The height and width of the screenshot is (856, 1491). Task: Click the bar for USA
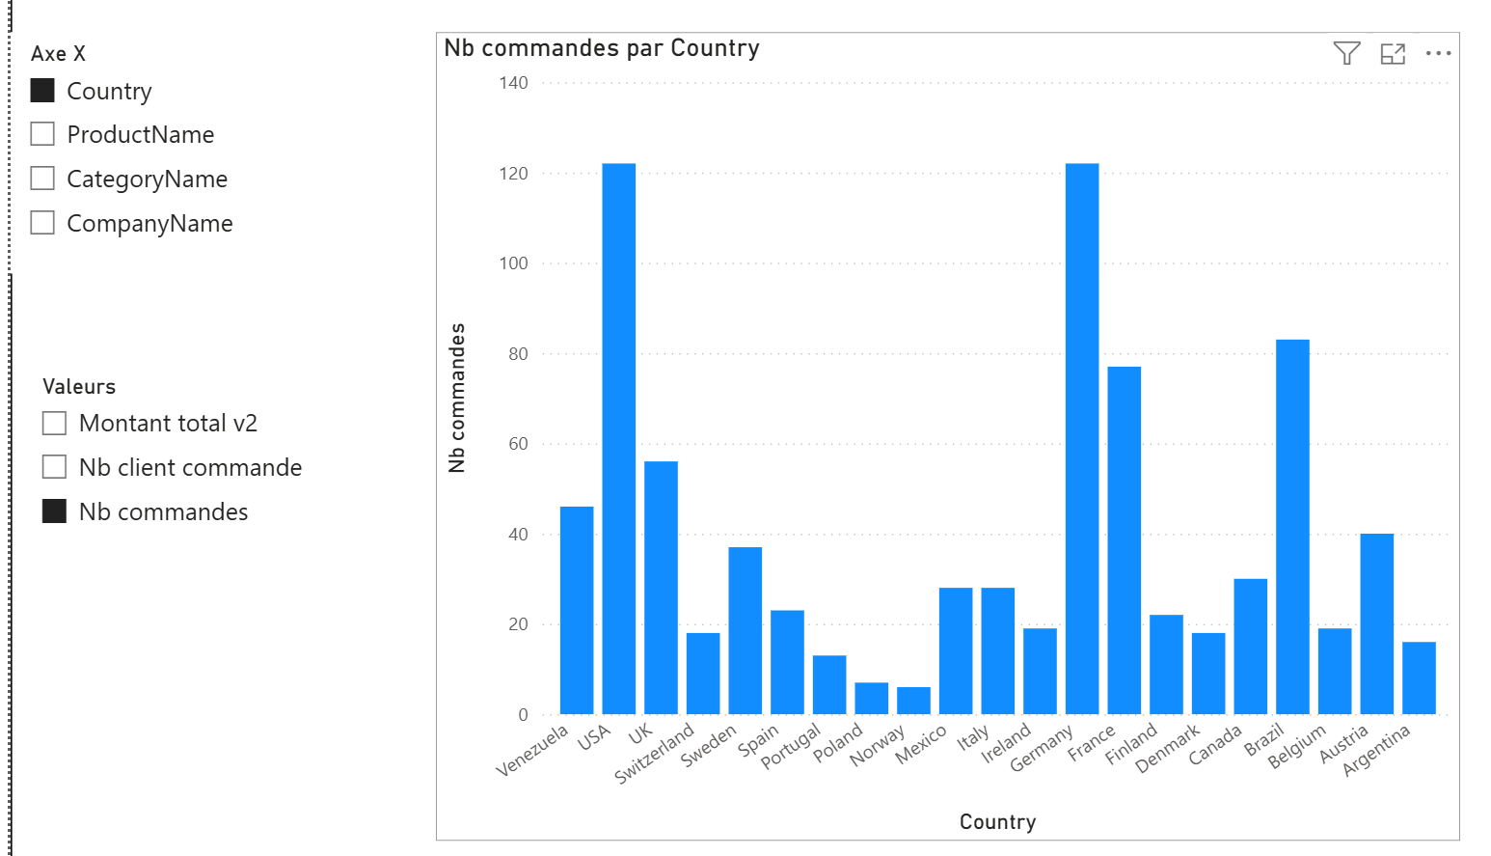pos(618,439)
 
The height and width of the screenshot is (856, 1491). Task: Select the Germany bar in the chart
pos(1081,439)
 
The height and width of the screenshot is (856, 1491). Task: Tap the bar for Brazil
pos(1292,527)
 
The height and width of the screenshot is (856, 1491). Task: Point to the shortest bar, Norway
pos(913,701)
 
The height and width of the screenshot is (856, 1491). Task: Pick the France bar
pos(1124,540)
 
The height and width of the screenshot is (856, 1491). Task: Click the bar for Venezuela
pos(577,610)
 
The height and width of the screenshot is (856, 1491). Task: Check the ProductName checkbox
pos(42,134)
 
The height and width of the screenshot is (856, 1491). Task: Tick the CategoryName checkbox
pos(42,179)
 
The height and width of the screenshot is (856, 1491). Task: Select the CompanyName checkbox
pos(42,223)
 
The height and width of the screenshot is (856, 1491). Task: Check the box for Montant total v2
pos(55,424)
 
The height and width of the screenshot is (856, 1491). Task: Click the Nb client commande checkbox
pos(55,468)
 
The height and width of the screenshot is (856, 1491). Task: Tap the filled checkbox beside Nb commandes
pos(55,511)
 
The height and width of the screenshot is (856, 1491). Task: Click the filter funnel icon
pos(1346,53)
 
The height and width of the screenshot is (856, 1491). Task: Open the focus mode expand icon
pos(1393,54)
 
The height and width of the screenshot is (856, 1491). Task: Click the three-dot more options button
pos(1438,54)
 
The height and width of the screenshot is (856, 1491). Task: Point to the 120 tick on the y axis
pos(513,174)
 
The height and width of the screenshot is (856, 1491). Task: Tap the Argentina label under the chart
pos(1377,749)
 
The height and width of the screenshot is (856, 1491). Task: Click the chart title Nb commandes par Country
pos(602,48)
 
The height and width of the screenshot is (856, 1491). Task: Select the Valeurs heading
pos(79,387)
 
